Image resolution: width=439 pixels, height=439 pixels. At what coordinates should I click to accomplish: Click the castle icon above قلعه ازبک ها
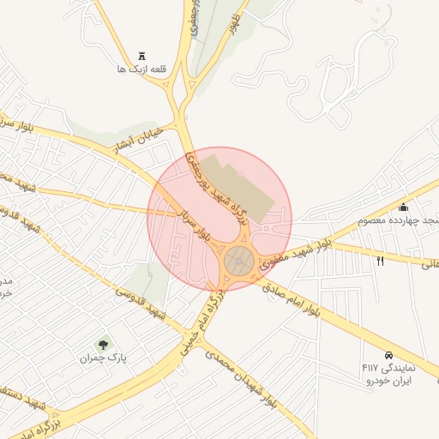coord(141,54)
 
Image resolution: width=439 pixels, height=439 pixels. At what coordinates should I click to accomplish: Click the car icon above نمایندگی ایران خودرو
coord(388,354)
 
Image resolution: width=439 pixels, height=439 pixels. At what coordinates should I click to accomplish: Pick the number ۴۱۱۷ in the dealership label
coord(371,367)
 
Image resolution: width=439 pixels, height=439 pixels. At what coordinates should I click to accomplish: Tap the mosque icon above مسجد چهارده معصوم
coord(403,207)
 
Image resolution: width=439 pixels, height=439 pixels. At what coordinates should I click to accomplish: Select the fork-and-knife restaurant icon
coord(380,261)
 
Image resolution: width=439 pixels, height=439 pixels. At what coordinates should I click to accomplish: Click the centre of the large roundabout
coord(240,262)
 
